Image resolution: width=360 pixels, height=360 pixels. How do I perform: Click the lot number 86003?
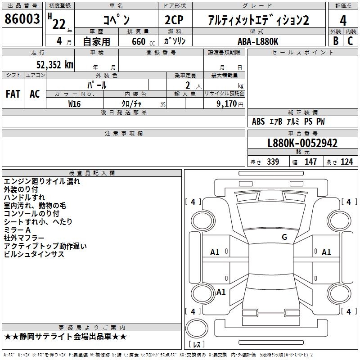coord(22,20)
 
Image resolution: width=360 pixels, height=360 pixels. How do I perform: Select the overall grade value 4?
coord(343,20)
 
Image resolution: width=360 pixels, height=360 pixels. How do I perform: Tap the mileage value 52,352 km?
coord(49,65)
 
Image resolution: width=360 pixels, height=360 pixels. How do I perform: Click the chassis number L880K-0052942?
coord(302,144)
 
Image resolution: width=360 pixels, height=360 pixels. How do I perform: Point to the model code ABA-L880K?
coord(258,41)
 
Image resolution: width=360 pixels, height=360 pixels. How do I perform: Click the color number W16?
coord(75,103)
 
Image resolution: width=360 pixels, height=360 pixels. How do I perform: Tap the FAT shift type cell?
coord(13,94)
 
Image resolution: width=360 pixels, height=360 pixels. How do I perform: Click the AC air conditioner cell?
coord(35,94)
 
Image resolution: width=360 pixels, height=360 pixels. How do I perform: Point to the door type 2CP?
coord(175,20)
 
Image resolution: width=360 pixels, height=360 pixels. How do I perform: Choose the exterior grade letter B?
coord(335,41)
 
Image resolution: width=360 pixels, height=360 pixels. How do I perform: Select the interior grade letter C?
coord(350,41)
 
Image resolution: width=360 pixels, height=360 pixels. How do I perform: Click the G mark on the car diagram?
coord(284,237)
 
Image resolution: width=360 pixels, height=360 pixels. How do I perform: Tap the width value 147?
coord(310,162)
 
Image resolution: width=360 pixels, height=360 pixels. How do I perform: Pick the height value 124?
coord(346,162)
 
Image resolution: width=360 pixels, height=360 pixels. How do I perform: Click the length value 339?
coord(273,162)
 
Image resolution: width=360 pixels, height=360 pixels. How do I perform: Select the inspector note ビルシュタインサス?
coord(34,254)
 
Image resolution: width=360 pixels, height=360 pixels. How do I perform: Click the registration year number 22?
coord(58,24)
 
